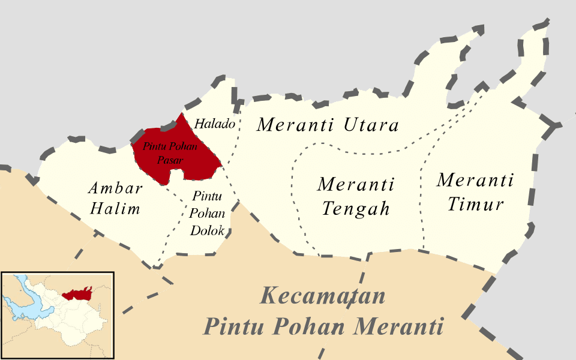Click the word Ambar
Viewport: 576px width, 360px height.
pos(115,188)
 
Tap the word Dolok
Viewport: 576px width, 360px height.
pos(207,230)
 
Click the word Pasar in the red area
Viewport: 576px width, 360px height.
pos(172,160)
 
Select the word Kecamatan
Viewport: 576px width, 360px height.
pos(323,296)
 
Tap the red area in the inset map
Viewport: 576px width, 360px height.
pos(78,293)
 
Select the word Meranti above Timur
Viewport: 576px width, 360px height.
pos(475,179)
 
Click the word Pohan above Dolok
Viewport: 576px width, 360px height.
pos(207,212)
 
